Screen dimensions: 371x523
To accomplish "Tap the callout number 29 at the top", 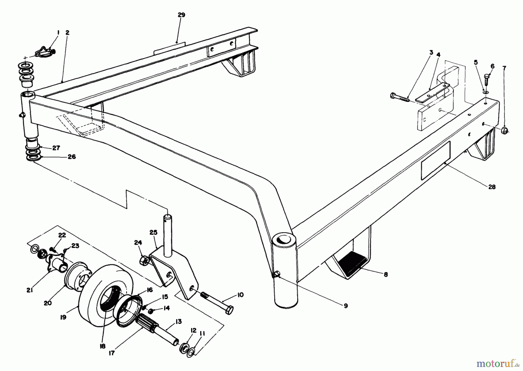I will [x=181, y=15].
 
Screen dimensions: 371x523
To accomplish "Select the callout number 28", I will [x=492, y=187].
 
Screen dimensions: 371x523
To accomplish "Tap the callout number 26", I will [x=71, y=157].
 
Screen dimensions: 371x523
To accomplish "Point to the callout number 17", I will [x=112, y=353].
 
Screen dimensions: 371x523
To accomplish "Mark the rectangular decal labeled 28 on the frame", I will [x=435, y=160].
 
